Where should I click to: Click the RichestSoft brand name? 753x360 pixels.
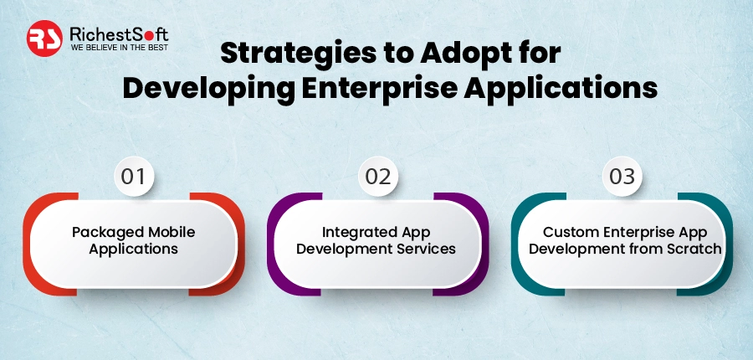120,33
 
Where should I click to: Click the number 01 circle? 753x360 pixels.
133,177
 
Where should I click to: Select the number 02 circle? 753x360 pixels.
377,177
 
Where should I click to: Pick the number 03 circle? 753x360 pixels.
622,177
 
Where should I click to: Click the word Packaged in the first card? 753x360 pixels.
103,232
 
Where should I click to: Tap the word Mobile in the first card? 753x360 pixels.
171,232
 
